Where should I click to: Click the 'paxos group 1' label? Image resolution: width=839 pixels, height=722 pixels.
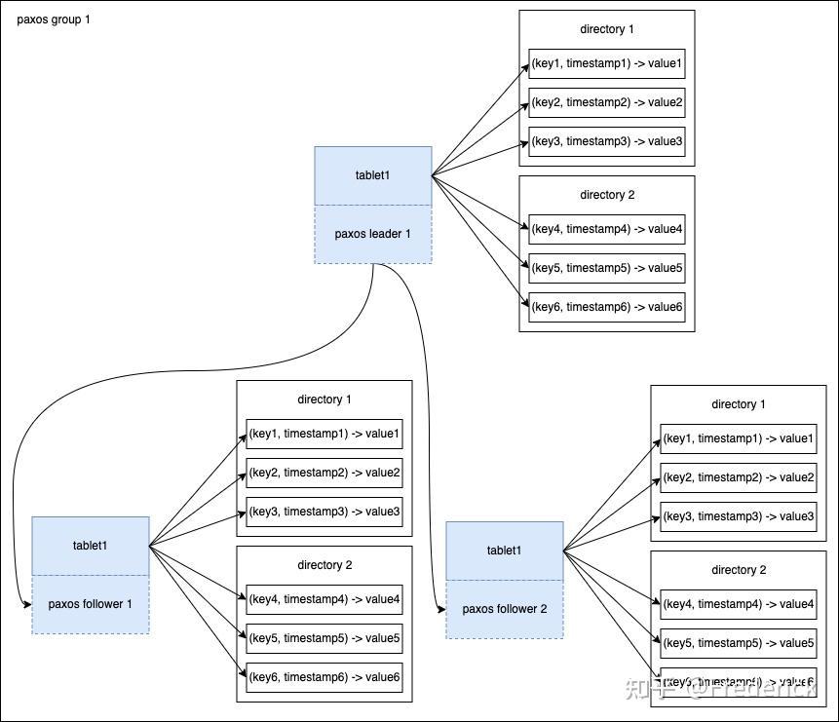pos(54,19)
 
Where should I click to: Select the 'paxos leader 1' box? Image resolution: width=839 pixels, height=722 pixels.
pos(373,234)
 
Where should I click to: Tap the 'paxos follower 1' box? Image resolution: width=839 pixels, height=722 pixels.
pos(91,604)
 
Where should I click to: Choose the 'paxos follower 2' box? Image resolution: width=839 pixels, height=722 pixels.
pos(505,609)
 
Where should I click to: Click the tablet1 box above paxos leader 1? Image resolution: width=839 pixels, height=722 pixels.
pos(373,175)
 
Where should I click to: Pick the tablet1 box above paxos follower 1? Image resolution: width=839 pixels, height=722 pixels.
pos(91,546)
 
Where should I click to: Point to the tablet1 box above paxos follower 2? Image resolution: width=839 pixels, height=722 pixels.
pos(505,551)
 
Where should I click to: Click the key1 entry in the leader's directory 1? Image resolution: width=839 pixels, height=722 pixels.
pos(607,63)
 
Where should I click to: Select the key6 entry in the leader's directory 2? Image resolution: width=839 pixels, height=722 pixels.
pos(607,307)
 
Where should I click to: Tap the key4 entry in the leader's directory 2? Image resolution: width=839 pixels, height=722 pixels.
pos(607,229)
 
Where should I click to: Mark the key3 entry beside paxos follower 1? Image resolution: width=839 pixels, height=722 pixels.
pos(324,512)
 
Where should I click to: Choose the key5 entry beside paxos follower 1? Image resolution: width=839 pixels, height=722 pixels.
pos(324,638)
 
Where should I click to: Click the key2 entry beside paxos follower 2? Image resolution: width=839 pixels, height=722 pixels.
pos(738,477)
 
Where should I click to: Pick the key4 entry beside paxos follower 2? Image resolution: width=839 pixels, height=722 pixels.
pos(738,604)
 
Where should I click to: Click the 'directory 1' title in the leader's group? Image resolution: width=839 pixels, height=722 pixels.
pos(607,29)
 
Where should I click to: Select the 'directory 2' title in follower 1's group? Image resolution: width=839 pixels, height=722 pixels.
pos(324,565)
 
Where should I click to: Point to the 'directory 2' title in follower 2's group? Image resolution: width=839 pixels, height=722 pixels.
pos(738,570)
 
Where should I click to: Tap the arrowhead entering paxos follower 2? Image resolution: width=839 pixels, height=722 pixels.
pos(440,610)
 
